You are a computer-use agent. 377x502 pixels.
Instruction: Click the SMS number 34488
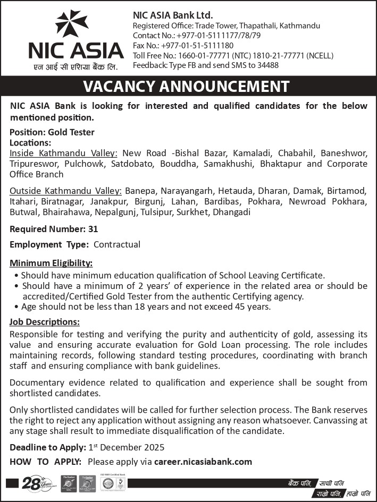[x=266, y=65]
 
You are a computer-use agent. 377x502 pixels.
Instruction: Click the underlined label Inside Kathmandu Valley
[x=63, y=153]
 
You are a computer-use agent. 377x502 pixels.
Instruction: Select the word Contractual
[x=117, y=245]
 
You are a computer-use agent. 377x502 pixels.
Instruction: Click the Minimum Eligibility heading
[x=51, y=263]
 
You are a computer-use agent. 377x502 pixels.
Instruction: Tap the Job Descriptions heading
[x=45, y=322]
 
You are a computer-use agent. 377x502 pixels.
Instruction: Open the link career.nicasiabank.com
[x=203, y=462]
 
